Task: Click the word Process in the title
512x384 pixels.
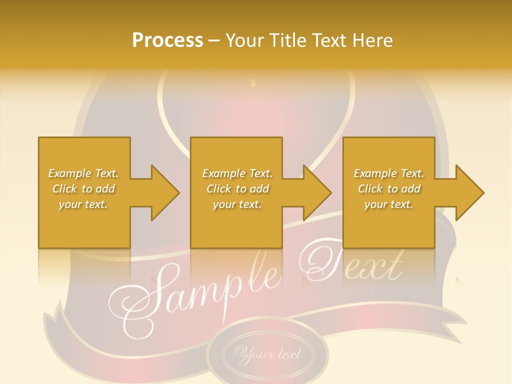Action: click(x=167, y=41)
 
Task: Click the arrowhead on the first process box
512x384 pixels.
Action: click(x=162, y=193)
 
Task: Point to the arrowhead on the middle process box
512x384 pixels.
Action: click(x=315, y=193)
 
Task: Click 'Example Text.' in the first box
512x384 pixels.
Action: click(x=83, y=173)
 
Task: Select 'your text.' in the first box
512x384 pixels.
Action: click(x=83, y=204)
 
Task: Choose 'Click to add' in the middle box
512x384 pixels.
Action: click(x=237, y=189)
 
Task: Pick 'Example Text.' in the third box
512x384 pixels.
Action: click(x=389, y=173)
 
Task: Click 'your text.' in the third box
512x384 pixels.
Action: click(x=389, y=204)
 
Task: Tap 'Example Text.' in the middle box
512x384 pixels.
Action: click(x=237, y=173)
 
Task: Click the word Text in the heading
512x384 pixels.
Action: click(x=329, y=41)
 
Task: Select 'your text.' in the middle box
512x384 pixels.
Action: click(x=237, y=204)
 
